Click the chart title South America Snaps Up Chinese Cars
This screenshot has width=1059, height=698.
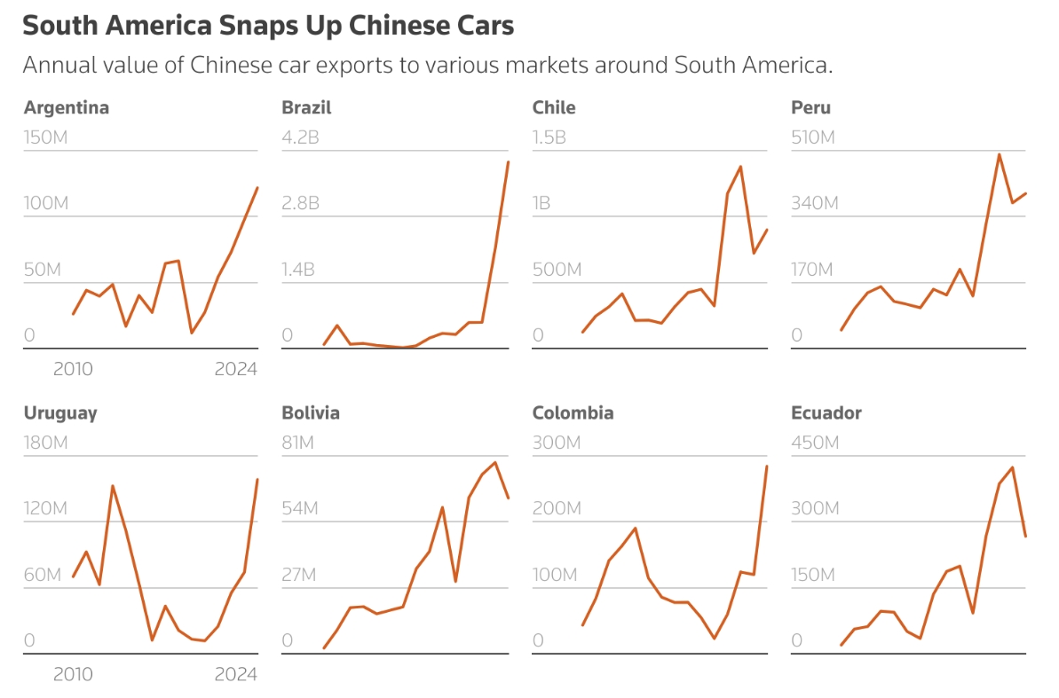(x=268, y=26)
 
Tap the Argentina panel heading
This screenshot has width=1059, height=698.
(x=67, y=108)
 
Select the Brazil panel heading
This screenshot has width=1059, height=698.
(x=306, y=108)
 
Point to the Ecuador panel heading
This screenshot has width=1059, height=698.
(x=826, y=413)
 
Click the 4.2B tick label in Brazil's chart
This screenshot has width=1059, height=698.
(x=300, y=138)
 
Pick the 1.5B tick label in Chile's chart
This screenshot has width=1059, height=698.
(x=549, y=138)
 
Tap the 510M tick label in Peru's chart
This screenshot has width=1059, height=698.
(x=814, y=138)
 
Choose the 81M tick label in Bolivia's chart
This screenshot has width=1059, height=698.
(x=298, y=443)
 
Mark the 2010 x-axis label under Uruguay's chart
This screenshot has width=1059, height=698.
(x=73, y=675)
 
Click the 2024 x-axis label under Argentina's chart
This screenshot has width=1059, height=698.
(x=235, y=370)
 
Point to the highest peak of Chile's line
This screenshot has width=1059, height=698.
(x=740, y=167)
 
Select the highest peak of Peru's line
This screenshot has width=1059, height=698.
(x=1000, y=154)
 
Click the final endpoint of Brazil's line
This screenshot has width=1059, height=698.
(x=508, y=161)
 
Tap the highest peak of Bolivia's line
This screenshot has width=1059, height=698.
(x=495, y=462)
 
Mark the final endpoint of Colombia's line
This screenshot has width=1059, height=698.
(x=766, y=467)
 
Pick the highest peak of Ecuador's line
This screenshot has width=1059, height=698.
(x=1013, y=467)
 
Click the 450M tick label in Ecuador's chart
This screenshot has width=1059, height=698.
(x=815, y=443)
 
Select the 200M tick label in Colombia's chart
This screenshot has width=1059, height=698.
(x=557, y=509)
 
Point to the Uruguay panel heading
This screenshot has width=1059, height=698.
(x=60, y=413)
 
